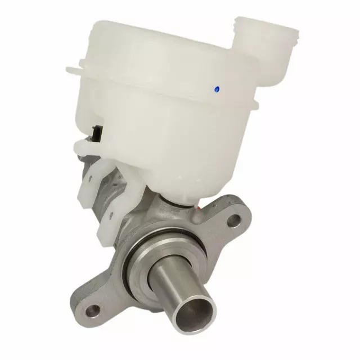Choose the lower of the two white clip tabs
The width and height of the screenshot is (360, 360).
[108, 222]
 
